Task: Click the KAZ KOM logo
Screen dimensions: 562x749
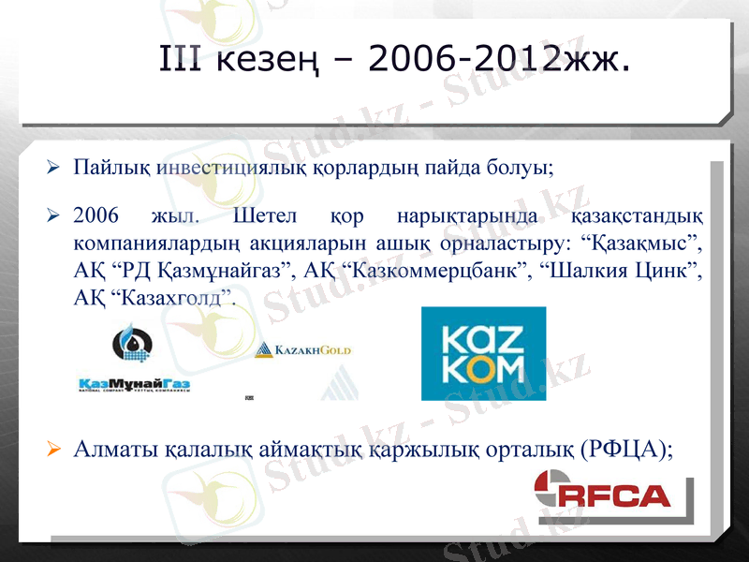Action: click(482, 353)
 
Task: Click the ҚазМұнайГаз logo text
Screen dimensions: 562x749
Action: click(134, 384)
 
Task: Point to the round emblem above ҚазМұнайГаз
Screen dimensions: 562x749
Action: click(132, 344)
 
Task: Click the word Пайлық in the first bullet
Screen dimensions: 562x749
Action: click(112, 170)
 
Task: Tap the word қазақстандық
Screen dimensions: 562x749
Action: click(637, 216)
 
